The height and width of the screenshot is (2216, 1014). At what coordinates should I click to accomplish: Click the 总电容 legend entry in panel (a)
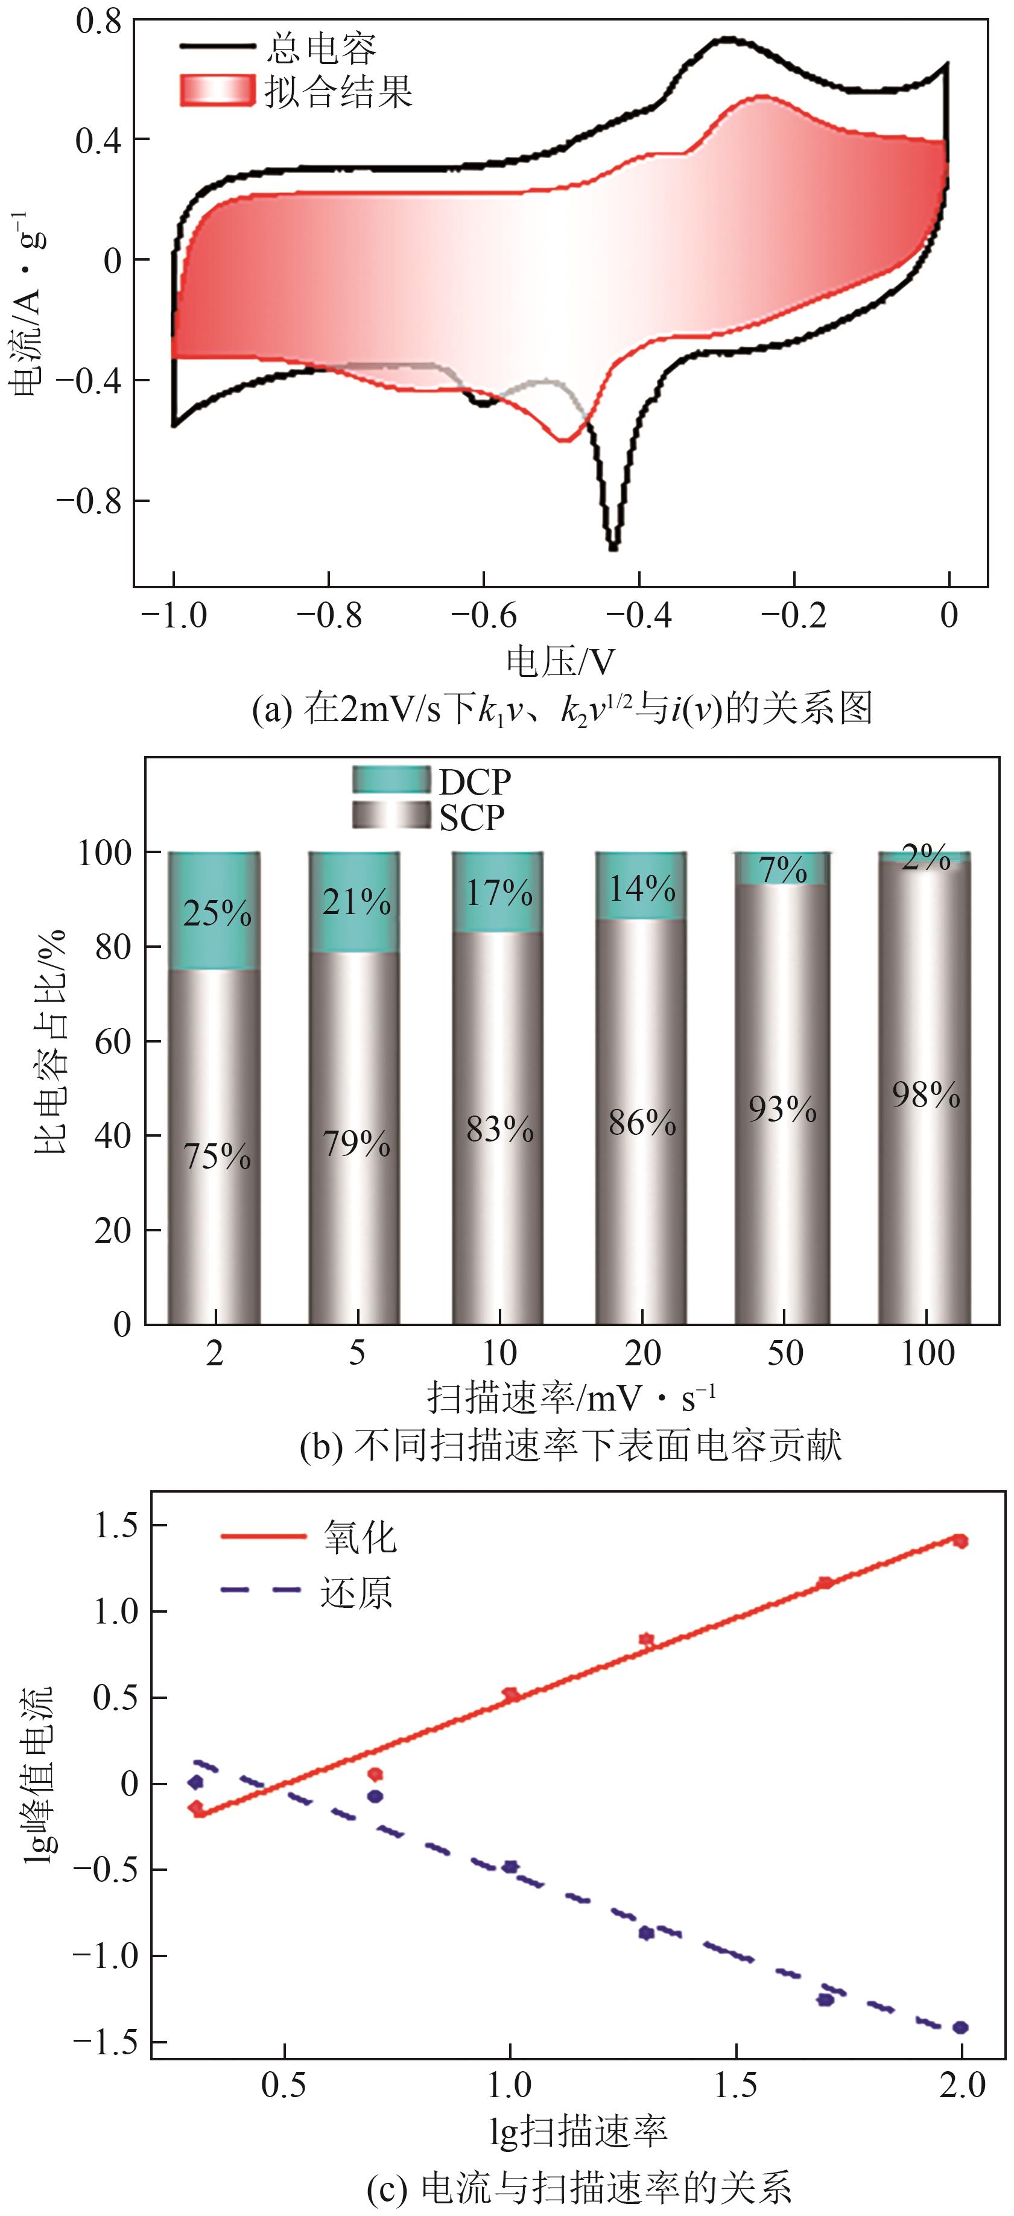(x=320, y=48)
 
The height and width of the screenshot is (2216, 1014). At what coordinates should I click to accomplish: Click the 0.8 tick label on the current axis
(x=98, y=21)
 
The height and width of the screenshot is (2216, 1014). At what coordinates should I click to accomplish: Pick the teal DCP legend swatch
(x=391, y=779)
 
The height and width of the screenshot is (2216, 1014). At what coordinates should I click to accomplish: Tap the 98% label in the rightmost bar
(x=925, y=1095)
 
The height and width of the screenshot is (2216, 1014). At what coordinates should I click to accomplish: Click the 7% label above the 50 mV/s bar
(x=782, y=870)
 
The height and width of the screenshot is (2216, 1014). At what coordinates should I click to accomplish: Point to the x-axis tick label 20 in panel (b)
(x=642, y=1354)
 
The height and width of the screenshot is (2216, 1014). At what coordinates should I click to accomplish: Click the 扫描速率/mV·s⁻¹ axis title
(x=571, y=1398)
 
